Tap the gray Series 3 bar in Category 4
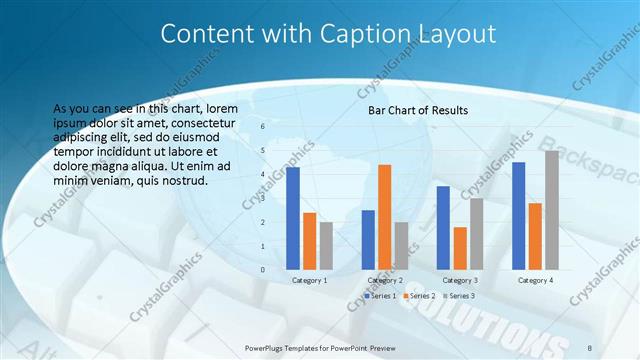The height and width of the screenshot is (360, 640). [x=552, y=210]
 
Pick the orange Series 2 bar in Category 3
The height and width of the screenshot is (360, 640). [x=460, y=248]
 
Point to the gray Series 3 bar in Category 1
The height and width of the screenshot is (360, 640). [x=326, y=246]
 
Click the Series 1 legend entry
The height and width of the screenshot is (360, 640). [x=382, y=296]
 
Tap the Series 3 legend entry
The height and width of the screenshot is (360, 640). [x=459, y=296]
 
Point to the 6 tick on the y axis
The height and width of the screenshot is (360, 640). [x=262, y=127]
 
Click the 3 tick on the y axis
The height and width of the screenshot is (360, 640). [x=262, y=198]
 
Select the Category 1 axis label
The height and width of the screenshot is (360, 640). [x=309, y=280]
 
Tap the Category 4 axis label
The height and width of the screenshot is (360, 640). [x=535, y=280]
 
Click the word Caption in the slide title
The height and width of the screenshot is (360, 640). [x=370, y=34]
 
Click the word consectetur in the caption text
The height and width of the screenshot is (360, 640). [x=202, y=122]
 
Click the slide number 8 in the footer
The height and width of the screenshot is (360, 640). [x=590, y=347]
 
